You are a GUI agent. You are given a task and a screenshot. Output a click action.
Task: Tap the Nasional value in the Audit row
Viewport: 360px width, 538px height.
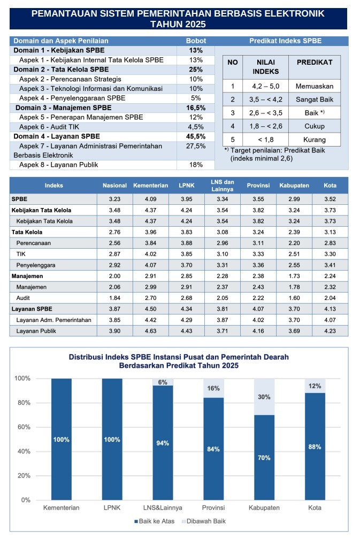[114, 298]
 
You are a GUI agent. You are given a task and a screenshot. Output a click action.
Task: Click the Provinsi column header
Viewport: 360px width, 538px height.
[257, 186]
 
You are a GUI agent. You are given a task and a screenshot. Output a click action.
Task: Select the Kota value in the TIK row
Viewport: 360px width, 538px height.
[330, 253]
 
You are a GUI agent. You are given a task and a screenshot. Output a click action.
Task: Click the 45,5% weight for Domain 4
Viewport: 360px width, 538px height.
[195, 136]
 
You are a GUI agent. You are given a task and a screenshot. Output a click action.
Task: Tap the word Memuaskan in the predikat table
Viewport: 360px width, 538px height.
[314, 86]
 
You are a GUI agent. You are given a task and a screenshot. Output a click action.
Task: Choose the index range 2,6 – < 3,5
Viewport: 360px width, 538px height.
[263, 113]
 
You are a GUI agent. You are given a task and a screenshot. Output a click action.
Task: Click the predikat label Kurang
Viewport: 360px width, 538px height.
[314, 140]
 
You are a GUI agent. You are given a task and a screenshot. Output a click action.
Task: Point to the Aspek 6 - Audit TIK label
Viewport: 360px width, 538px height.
[53, 127]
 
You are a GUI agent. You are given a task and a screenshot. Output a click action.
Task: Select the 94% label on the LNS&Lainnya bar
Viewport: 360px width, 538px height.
[163, 443]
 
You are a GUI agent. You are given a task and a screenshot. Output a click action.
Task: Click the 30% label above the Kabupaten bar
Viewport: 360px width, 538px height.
[264, 397]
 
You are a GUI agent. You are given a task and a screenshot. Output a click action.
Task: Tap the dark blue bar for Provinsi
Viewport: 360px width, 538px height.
[213, 449]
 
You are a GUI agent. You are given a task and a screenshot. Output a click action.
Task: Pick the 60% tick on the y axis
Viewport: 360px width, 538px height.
[25, 427]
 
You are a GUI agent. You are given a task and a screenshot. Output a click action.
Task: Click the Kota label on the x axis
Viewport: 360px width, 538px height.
[315, 508]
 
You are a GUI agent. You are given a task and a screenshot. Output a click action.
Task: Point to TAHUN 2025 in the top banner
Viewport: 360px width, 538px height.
[178, 24]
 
